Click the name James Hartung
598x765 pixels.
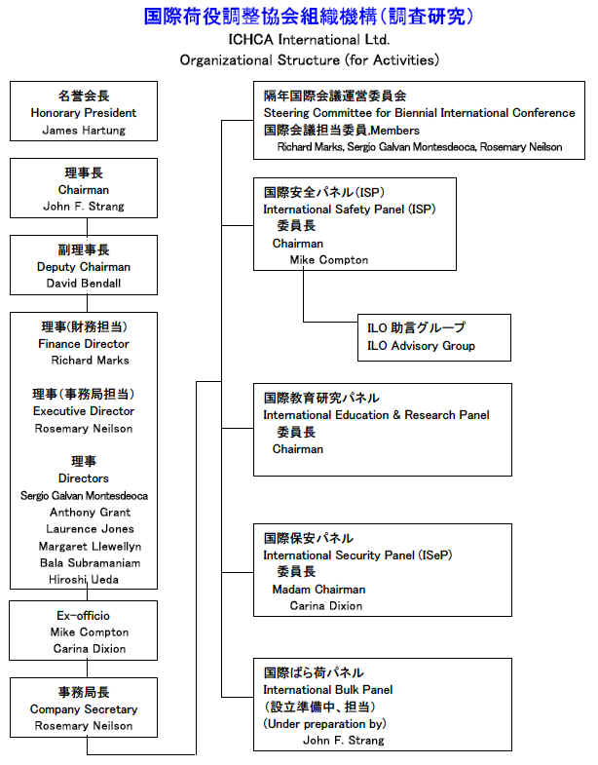[x=84, y=131]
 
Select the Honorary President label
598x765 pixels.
[x=84, y=113]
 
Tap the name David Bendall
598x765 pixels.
[x=84, y=284]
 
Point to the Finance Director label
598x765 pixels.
[x=84, y=344]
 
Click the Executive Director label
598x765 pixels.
[x=84, y=411]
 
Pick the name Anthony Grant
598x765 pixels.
[x=91, y=513]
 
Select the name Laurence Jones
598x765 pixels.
[x=91, y=529]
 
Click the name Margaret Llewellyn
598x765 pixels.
[x=91, y=547]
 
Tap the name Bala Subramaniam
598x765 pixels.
[x=91, y=563]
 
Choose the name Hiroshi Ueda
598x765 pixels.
[x=84, y=580]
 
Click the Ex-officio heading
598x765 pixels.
[x=83, y=616]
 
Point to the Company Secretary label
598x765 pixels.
[x=84, y=709]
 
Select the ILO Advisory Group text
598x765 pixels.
[x=421, y=346]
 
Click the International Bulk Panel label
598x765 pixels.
[x=328, y=690]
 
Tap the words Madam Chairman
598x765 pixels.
[x=318, y=590]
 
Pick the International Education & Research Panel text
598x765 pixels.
[x=376, y=415]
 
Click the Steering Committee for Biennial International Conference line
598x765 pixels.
[x=420, y=113]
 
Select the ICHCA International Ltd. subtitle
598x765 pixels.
[x=309, y=40]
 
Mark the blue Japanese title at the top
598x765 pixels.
[x=309, y=17]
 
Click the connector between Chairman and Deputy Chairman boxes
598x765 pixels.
[x=88, y=227]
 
